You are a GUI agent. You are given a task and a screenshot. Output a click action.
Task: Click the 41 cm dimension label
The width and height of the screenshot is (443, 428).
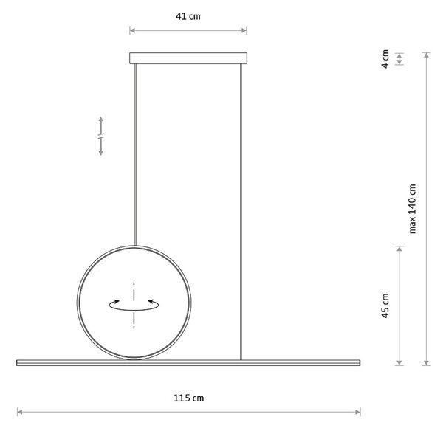tap(188, 16)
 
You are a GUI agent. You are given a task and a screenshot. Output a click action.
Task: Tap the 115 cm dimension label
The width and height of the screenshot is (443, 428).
tap(188, 398)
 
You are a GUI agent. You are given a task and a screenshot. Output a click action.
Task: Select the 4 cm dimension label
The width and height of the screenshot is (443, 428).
tap(385, 59)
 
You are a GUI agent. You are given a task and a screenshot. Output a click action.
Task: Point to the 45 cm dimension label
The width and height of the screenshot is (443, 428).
tap(385, 306)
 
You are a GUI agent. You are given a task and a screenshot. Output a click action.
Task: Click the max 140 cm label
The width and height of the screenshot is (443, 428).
tap(413, 209)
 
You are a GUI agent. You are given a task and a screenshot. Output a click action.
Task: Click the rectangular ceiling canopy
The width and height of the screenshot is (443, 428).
tap(188, 58)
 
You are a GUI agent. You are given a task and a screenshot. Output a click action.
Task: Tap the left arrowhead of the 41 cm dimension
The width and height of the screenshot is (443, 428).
tap(132, 30)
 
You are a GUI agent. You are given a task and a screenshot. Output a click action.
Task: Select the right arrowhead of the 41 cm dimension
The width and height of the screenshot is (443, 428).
tap(244, 30)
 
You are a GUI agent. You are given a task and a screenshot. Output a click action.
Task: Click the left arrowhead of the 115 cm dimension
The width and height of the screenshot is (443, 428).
tap(19, 412)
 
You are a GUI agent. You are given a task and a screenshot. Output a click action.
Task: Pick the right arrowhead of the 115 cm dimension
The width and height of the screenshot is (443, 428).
tap(358, 412)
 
